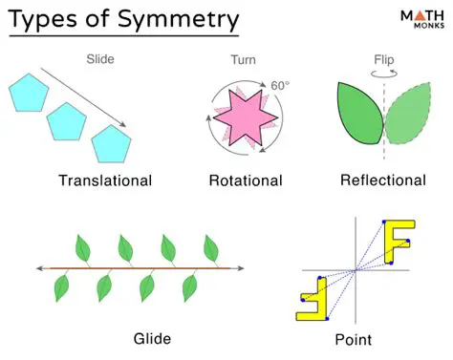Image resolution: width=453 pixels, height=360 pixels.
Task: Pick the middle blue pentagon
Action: pyautogui.click(x=70, y=117)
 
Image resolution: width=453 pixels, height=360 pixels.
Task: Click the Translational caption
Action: pyautogui.click(x=104, y=180)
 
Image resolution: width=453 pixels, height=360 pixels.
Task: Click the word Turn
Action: pyautogui.click(x=243, y=59)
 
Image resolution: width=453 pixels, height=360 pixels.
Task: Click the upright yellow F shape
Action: pyautogui.click(x=394, y=241)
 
